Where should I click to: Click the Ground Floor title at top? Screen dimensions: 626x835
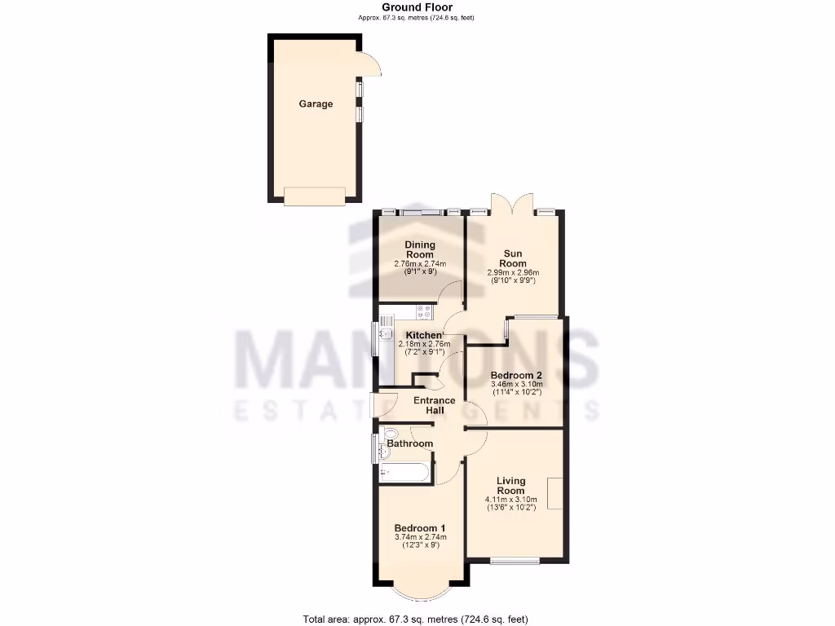tap(417, 7)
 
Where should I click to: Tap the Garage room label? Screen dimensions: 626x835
tap(316, 104)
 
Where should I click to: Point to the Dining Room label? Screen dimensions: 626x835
tap(420, 249)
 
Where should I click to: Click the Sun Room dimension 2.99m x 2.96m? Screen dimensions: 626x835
tap(513, 273)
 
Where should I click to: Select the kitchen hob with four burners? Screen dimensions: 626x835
tap(424, 311)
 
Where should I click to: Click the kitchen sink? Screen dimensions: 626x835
tap(385, 333)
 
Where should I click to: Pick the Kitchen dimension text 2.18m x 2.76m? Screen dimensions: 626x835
tap(424, 345)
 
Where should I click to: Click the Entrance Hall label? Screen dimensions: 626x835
tap(434, 405)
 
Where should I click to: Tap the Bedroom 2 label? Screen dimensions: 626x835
tap(516, 376)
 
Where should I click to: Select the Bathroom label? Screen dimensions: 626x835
tap(410, 443)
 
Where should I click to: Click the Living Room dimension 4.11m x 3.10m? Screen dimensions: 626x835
tap(511, 500)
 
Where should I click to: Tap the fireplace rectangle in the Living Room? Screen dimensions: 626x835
tap(555, 493)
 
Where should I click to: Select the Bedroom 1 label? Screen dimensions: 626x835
tap(420, 527)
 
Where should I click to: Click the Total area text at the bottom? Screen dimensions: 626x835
tap(417, 619)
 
